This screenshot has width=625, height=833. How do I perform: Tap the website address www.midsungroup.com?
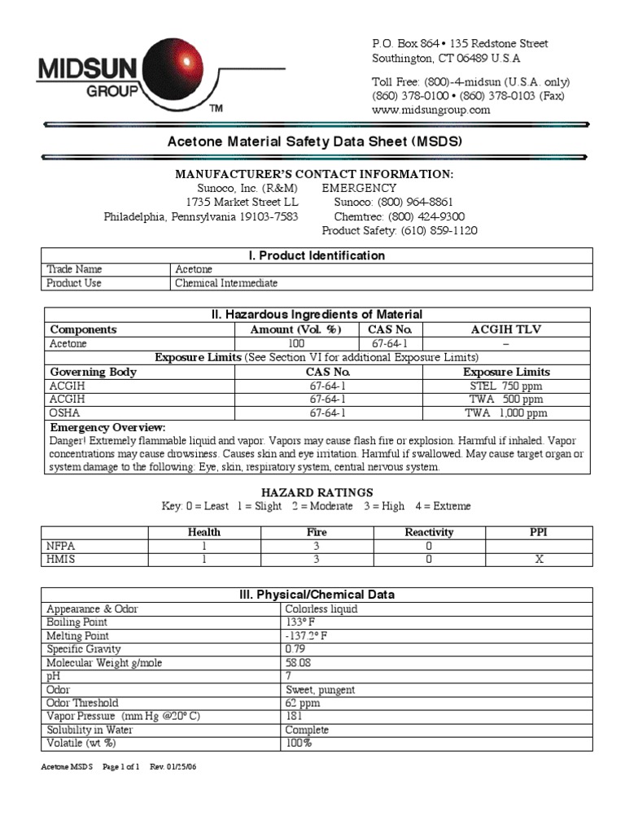coord(431,110)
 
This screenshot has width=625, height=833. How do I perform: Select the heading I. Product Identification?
coord(317,255)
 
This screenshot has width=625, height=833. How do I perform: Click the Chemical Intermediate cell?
coord(226,283)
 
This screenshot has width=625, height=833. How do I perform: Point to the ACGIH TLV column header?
coord(505,329)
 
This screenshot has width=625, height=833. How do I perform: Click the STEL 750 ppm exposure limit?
coord(505,386)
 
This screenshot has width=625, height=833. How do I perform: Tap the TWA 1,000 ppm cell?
coord(505,413)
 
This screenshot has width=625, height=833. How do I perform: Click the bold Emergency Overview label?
coord(107,427)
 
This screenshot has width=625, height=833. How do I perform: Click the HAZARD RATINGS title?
coord(317,492)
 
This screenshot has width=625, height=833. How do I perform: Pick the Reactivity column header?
coord(429,532)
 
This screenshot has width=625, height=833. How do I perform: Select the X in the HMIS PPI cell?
coord(539,560)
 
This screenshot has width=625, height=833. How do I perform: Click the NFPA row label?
coord(61,546)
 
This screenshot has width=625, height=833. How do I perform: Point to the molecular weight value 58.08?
coord(299,663)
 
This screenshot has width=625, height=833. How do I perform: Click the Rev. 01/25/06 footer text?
coord(173,767)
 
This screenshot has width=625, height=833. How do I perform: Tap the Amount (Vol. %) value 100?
coord(296,344)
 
